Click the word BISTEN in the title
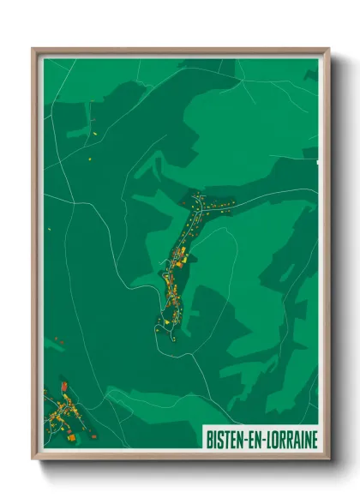(225, 439)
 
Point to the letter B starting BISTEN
(209, 439)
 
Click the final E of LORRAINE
(314, 439)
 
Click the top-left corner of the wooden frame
(33, 50)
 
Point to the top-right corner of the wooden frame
(328, 50)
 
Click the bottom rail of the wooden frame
(180, 455)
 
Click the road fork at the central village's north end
(199, 198)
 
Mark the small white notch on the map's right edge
(316, 160)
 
